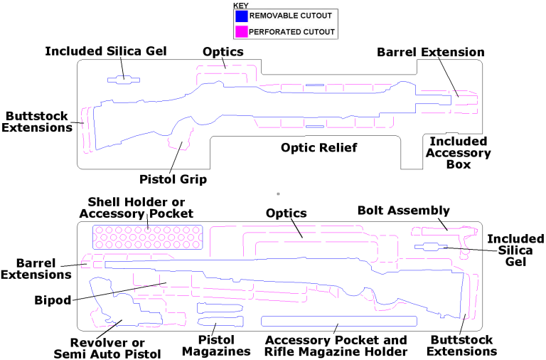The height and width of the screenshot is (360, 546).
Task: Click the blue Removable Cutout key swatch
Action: pyautogui.click(x=242, y=16)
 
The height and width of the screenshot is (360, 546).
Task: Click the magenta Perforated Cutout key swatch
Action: pyautogui.click(x=242, y=31)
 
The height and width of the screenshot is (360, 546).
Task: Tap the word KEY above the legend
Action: pyautogui.click(x=242, y=6)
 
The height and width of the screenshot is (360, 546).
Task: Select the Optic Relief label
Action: pyautogui.click(x=318, y=147)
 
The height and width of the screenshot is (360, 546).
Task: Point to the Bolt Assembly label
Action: pyautogui.click(x=403, y=210)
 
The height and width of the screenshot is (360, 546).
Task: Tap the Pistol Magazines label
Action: pyautogui.click(x=216, y=346)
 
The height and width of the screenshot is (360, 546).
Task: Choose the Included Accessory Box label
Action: pyautogui.click(x=459, y=153)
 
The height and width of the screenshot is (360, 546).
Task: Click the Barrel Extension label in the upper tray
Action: pyautogui.click(x=431, y=52)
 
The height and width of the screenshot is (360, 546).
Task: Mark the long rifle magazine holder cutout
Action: pyautogui.click(x=338, y=321)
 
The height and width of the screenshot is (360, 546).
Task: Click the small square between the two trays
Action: pyautogui.click(x=278, y=193)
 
